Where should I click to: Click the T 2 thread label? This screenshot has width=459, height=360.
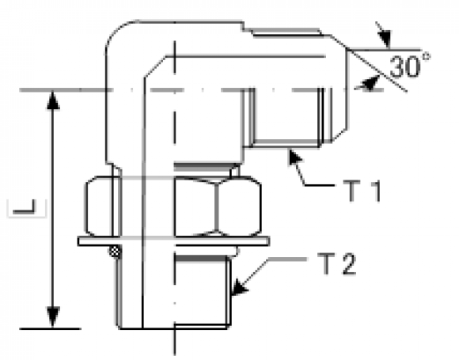(x=337, y=264)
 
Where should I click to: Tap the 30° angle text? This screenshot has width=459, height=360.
(x=410, y=66)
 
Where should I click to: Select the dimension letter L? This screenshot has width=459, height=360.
(x=25, y=207)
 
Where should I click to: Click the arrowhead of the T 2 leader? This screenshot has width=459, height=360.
(x=240, y=287)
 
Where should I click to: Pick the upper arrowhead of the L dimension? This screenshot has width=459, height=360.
(x=53, y=100)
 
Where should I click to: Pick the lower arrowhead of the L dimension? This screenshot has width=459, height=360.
(x=53, y=317)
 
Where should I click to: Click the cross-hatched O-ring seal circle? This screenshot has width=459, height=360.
(x=115, y=252)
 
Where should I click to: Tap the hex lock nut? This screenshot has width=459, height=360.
(x=173, y=206)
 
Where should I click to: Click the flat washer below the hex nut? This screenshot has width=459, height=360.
(x=173, y=241)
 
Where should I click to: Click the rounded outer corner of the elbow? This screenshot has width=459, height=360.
(x=116, y=32)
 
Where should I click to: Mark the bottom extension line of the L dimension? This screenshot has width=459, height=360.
(x=51, y=328)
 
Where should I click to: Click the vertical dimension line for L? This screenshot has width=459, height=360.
(x=53, y=209)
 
